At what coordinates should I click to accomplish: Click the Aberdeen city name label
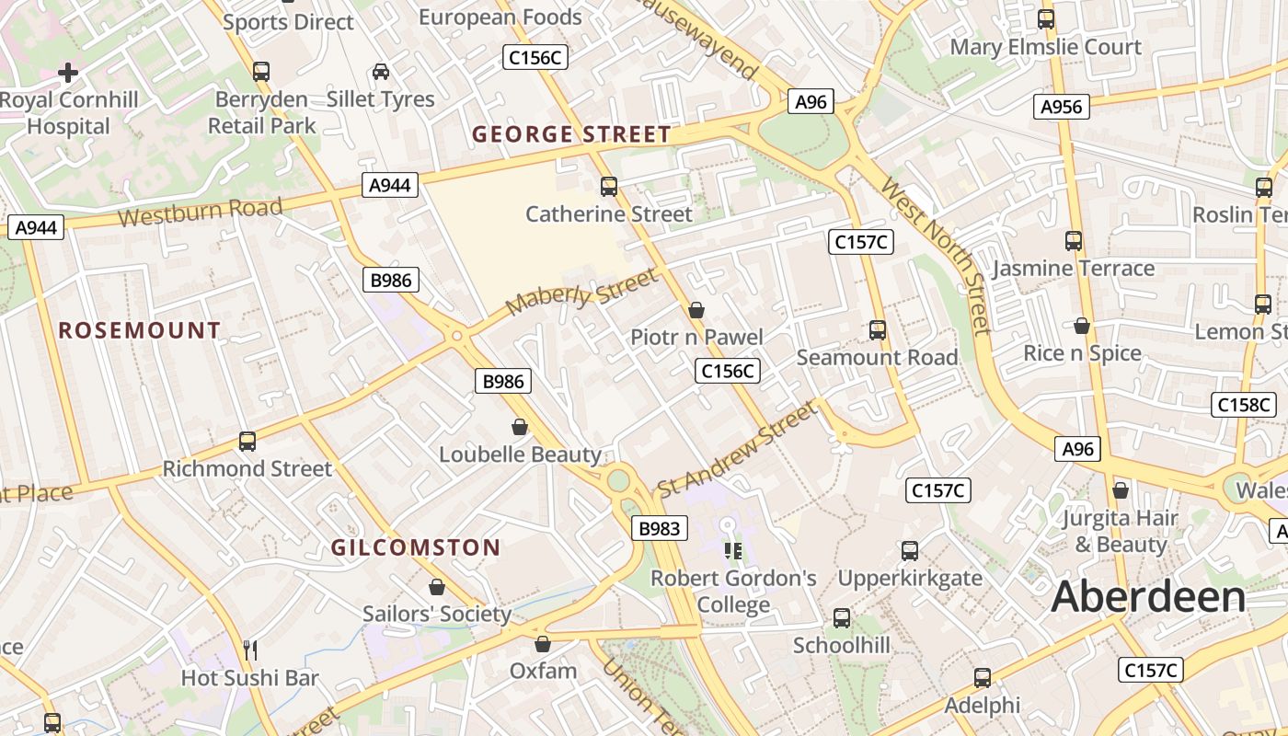tap(1148, 597)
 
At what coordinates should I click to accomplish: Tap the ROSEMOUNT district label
tap(140, 330)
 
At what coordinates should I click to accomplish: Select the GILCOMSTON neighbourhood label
tap(416, 548)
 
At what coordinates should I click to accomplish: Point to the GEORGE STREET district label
tap(571, 134)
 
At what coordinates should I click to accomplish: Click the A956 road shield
tap(1061, 107)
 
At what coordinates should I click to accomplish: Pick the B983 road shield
tap(660, 528)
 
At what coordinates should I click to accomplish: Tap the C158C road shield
tap(1244, 405)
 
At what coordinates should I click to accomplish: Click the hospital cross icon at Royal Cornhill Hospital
tap(68, 72)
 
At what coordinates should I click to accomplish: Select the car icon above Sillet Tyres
tap(380, 72)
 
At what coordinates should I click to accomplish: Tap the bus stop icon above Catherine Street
tap(608, 187)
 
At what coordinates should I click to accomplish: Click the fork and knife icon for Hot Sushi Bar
tap(249, 650)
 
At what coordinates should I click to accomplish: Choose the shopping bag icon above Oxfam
tap(543, 644)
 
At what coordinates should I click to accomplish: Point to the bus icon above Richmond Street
tap(247, 441)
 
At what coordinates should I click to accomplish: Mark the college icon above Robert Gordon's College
tap(733, 550)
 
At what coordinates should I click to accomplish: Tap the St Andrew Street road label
tap(737, 448)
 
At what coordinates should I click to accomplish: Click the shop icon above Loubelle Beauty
tap(520, 427)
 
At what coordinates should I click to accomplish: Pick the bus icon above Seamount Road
tap(877, 329)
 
